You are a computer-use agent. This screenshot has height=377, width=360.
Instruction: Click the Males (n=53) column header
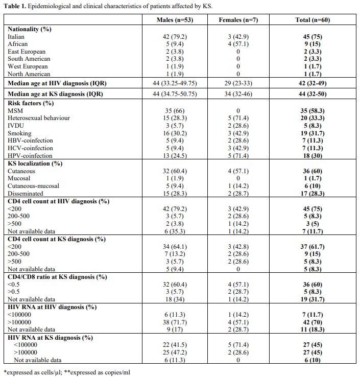pyautogui.click(x=175, y=20)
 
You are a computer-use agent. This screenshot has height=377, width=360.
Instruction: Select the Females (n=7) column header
pyautogui.click(x=238, y=20)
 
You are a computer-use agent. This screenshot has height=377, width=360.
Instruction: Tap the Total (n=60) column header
pyautogui.click(x=313, y=20)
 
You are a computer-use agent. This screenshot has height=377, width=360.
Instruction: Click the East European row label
pyautogui.click(x=27, y=52)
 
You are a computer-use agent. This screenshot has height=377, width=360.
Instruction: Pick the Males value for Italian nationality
pyautogui.click(x=175, y=37)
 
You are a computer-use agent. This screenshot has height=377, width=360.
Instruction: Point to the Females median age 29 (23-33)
pyautogui.click(x=238, y=83)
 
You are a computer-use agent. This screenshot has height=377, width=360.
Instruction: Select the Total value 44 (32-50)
pyautogui.click(x=313, y=94)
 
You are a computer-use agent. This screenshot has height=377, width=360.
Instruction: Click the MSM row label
pyautogui.click(x=15, y=111)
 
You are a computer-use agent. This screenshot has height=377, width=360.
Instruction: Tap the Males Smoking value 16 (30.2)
pyautogui.click(x=175, y=133)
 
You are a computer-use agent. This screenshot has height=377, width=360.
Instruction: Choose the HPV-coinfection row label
pyautogui.click(x=30, y=156)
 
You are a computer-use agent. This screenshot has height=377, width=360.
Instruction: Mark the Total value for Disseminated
pyautogui.click(x=313, y=193)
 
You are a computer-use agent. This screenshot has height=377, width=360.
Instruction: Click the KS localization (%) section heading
pyautogui.click(x=35, y=163)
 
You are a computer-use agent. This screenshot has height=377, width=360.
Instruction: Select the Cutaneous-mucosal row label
pyautogui.click(x=33, y=186)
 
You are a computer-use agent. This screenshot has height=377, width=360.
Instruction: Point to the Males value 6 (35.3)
pyautogui.click(x=175, y=231)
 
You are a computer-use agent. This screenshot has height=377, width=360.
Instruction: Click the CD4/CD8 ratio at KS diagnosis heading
pyautogui.click(x=57, y=277)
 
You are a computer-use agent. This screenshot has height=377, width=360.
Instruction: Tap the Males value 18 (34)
pyautogui.click(x=175, y=299)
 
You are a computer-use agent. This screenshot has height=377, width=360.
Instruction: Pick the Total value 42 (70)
pyautogui.click(x=313, y=322)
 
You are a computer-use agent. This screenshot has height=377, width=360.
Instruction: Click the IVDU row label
pyautogui.click(x=16, y=126)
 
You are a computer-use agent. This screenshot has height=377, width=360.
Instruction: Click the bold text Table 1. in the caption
pyautogui.click(x=15, y=6)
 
